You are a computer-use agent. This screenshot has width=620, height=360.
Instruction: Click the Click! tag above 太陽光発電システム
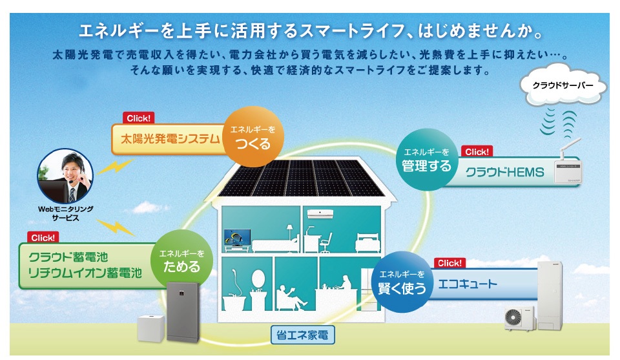pyautogui.click(x=138, y=118)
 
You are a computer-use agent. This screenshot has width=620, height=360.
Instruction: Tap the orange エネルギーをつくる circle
pyautogui.click(x=253, y=136)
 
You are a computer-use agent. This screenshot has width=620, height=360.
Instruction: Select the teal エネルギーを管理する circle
pyautogui.click(x=427, y=160)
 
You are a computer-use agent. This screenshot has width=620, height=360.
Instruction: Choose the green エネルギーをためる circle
pyautogui.click(x=182, y=260)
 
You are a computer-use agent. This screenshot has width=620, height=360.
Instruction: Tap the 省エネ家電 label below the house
pyautogui.click(x=302, y=335)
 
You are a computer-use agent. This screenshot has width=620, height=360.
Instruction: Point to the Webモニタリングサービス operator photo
pyautogui.click(x=65, y=176)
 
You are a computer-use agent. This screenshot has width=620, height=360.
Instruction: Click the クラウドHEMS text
pyautogui.click(x=504, y=173)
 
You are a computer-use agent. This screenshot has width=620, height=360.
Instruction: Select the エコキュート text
pyautogui.click(x=468, y=284)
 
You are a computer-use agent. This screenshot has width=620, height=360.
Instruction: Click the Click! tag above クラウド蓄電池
pyautogui.click(x=43, y=238)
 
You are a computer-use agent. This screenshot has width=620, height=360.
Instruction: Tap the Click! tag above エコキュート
pyautogui.click(x=449, y=263)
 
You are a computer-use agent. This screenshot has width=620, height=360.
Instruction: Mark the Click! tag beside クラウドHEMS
pyautogui.click(x=477, y=151)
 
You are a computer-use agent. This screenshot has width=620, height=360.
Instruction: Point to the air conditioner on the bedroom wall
pyautogui.click(x=320, y=214)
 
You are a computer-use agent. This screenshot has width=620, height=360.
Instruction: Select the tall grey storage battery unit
pyautogui.click(x=183, y=312)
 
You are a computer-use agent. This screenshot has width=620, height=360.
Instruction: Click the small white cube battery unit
pyautogui.click(x=150, y=328)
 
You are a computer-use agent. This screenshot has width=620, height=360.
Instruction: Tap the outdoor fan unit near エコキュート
pyautogui.click(x=520, y=319)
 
